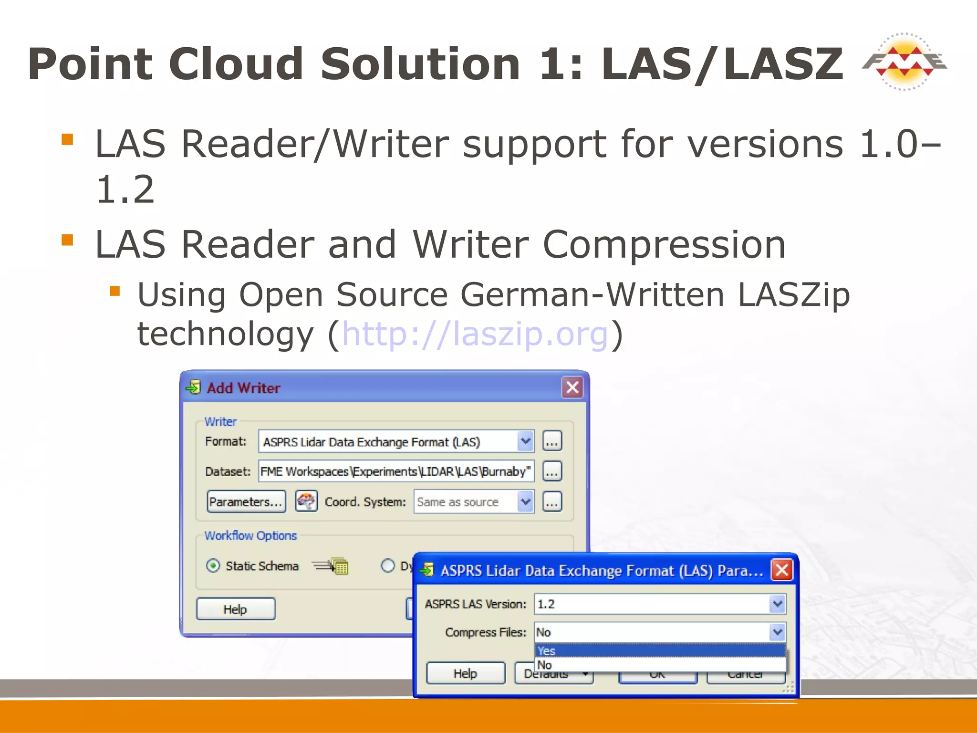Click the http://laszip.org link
click(475, 334)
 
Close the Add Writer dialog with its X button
click(572, 387)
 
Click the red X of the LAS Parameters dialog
click(782, 570)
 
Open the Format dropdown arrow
click(525, 441)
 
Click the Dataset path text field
click(395, 471)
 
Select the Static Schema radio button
click(213, 566)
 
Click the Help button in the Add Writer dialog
click(236, 609)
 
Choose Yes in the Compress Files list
click(660, 650)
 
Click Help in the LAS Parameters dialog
click(465, 673)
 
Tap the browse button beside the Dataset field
click(552, 471)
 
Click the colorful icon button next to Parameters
click(306, 502)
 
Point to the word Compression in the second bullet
click(664, 245)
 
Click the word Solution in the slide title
click(420, 64)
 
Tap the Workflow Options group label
click(250, 535)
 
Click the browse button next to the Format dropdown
click(552, 441)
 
